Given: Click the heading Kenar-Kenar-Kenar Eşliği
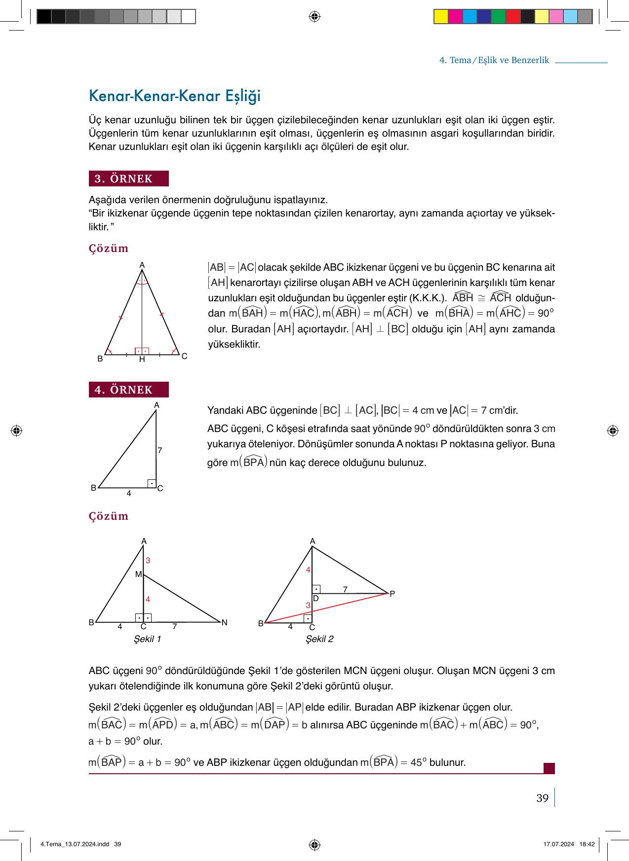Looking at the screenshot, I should (x=174, y=96).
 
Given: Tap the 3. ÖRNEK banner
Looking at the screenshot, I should (x=128, y=179).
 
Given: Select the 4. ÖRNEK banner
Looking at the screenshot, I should (x=128, y=390).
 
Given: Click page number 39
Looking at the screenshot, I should (x=542, y=798).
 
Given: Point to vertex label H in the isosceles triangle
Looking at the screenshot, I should (x=142, y=359).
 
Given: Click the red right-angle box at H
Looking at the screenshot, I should (x=142, y=351).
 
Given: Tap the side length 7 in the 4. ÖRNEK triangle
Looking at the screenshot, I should (x=160, y=450).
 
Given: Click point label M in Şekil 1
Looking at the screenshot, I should (x=138, y=574).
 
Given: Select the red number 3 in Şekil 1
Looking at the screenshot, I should (x=148, y=561).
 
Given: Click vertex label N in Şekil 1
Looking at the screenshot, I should (x=224, y=622).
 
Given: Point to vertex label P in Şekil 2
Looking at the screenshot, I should (x=392, y=594).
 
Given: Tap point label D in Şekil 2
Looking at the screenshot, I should (x=315, y=598).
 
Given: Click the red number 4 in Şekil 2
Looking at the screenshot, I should (x=308, y=570).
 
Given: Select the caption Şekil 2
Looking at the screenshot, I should (x=319, y=639).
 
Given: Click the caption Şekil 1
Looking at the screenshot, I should (x=148, y=639).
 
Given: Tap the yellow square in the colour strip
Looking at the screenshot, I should (x=441, y=17).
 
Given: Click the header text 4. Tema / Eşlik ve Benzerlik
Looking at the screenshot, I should (x=494, y=60).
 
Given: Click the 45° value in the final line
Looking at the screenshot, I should (x=418, y=763).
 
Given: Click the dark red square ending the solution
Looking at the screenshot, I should (x=549, y=768).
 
